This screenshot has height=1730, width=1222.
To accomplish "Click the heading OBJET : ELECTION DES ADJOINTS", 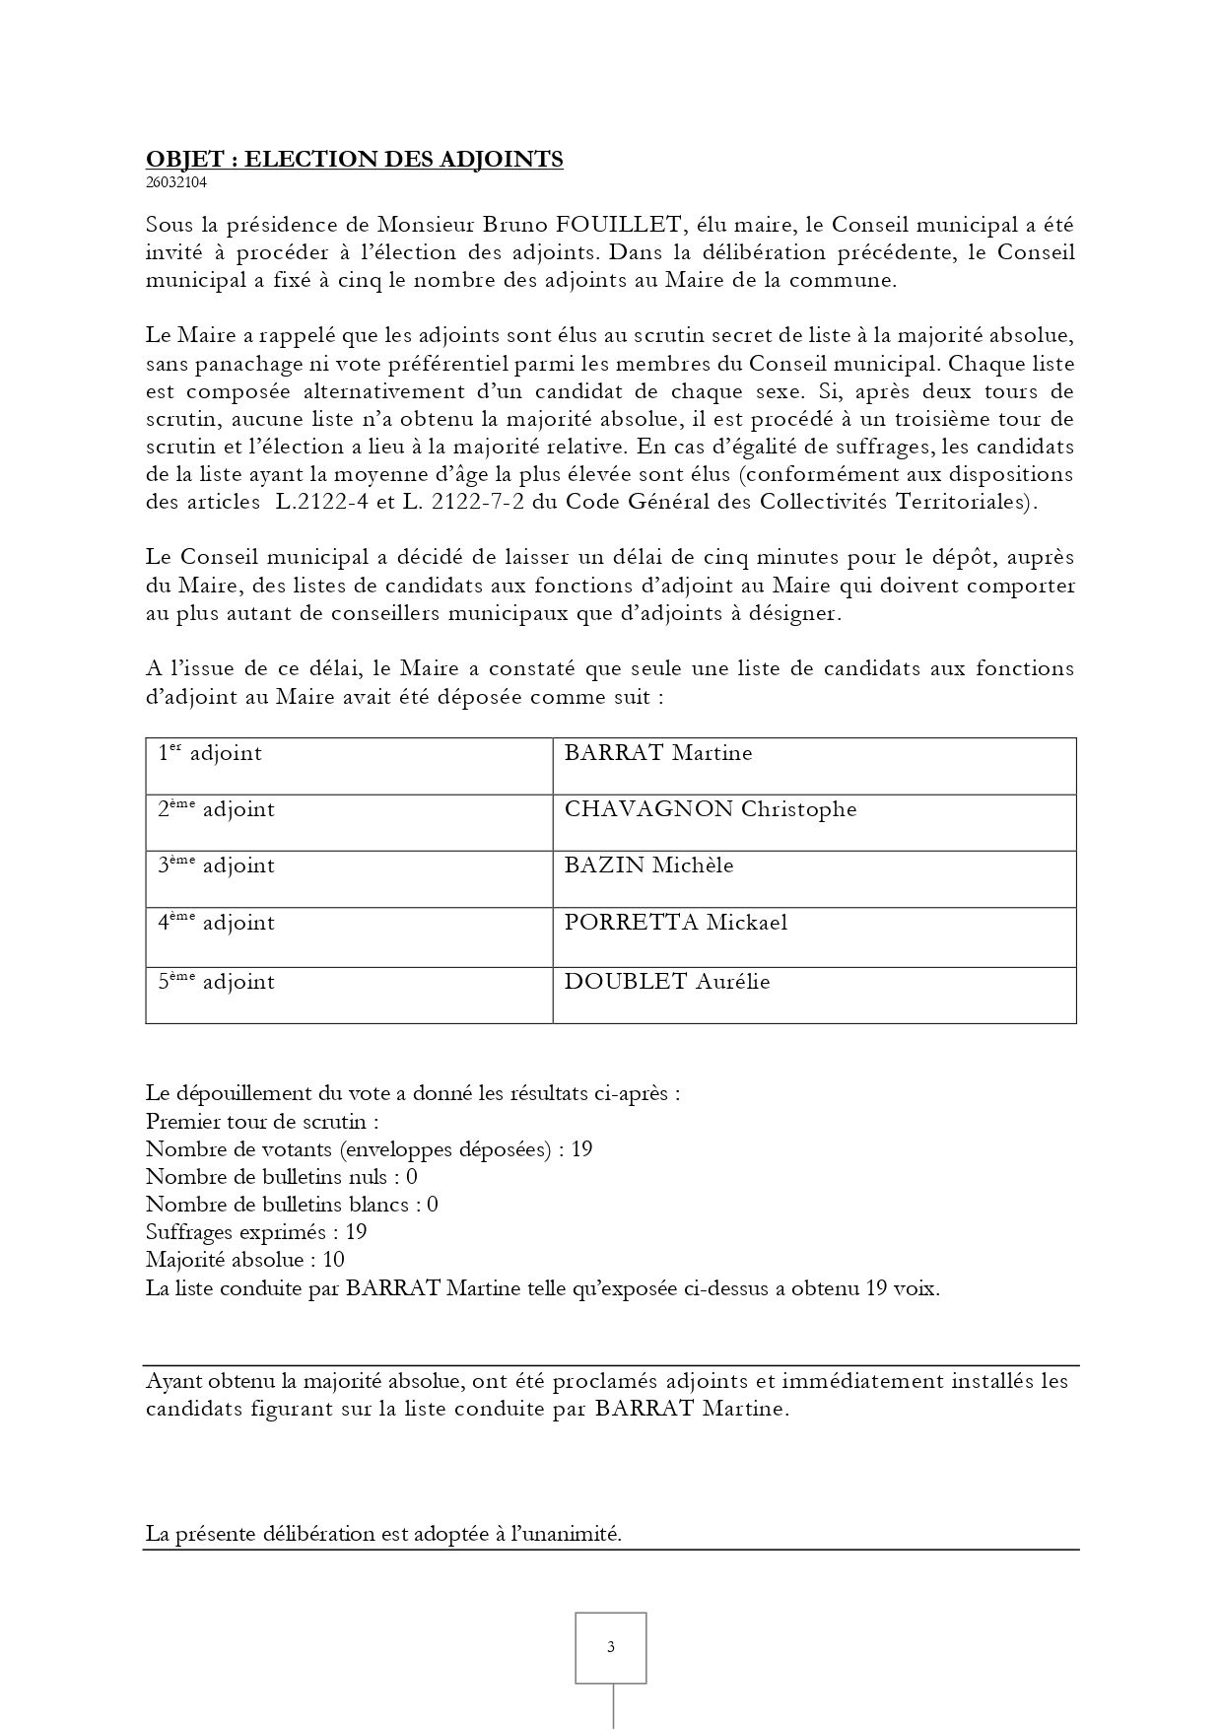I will tap(354, 159).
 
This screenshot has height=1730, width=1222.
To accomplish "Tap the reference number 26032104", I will tap(176, 182).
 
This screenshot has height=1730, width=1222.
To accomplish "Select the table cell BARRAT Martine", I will tap(657, 754).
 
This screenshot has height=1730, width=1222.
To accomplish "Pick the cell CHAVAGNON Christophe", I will tap(710, 810).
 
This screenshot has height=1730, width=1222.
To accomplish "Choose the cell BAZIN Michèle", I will tap(648, 866).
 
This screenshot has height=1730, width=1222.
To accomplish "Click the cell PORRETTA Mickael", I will tap(675, 924).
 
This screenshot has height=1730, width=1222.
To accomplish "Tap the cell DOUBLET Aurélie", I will tap(666, 982).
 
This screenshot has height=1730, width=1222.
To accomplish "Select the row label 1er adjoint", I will tap(210, 754).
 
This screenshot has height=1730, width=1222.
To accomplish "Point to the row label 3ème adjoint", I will tap(216, 866).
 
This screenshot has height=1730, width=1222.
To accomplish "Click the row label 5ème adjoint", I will tap(216, 982).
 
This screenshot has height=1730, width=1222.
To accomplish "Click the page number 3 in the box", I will tap(611, 1647).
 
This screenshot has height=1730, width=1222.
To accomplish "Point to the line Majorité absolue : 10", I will tap(244, 1260).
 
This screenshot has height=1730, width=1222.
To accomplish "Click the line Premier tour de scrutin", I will tap(262, 1122).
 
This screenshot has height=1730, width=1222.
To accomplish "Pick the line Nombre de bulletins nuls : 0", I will tap(281, 1177).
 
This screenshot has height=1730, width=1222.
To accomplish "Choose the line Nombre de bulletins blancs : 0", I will tap(292, 1205).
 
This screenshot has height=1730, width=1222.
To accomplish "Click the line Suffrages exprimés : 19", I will tap(256, 1232).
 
